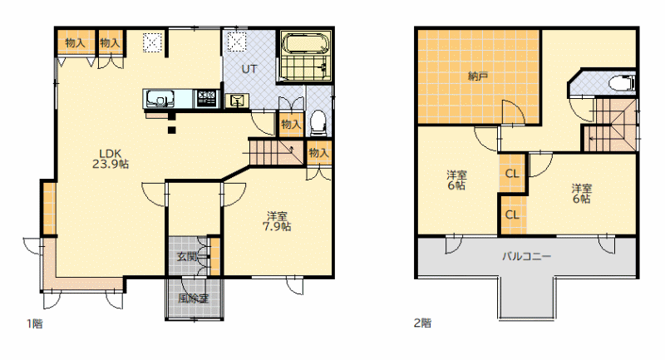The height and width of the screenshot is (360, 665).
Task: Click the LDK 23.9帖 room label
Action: (x=111, y=159)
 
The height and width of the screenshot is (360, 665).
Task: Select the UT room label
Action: (x=249, y=69)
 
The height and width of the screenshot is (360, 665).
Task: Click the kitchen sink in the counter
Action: (x=159, y=99)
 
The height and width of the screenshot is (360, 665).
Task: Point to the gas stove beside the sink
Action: (x=206, y=98)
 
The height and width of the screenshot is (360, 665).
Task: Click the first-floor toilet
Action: (x=318, y=122)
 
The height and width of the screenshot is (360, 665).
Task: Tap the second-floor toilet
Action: (x=622, y=83)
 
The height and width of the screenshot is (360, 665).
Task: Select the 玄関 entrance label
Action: (x=187, y=257)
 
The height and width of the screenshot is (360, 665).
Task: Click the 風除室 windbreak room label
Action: (x=194, y=298)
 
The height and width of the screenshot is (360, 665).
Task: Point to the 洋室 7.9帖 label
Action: (x=277, y=221)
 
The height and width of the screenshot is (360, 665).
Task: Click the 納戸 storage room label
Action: (x=477, y=76)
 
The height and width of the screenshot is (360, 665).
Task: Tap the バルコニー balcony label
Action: (x=527, y=256)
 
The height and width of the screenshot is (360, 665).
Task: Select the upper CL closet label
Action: (x=512, y=174)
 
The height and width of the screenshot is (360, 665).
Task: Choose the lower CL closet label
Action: (x=512, y=215)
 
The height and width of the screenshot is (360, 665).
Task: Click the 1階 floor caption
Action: (x=35, y=324)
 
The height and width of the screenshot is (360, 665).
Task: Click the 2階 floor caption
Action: (x=423, y=323)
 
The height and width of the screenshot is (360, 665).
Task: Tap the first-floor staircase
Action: (x=277, y=152)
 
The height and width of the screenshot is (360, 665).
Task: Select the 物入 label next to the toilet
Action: (x=291, y=124)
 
